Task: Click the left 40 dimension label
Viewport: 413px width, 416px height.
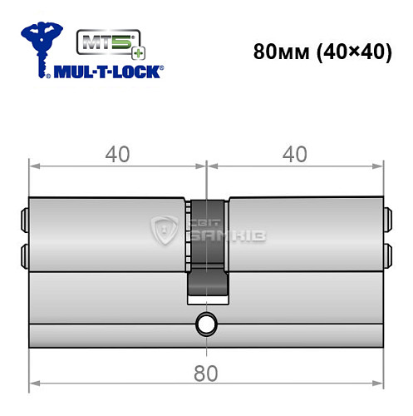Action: point(118,154)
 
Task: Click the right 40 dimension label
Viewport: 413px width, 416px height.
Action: point(296,154)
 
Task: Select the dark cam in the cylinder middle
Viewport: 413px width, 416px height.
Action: point(205,250)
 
